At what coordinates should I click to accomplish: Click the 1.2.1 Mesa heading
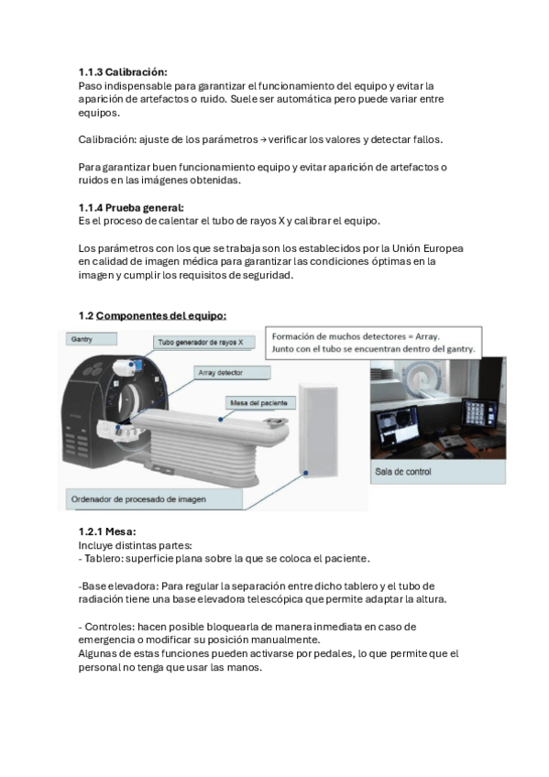click(107, 531)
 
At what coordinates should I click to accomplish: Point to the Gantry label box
click(92, 339)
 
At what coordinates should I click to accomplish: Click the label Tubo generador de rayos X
click(204, 342)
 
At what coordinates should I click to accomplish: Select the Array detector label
click(231, 373)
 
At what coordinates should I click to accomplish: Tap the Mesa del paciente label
click(259, 403)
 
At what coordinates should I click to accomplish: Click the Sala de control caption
click(403, 472)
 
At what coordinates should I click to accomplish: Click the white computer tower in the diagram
click(318, 429)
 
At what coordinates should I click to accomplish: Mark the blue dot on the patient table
click(221, 419)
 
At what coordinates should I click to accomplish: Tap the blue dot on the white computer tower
click(306, 473)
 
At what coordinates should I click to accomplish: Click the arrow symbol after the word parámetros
click(263, 140)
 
